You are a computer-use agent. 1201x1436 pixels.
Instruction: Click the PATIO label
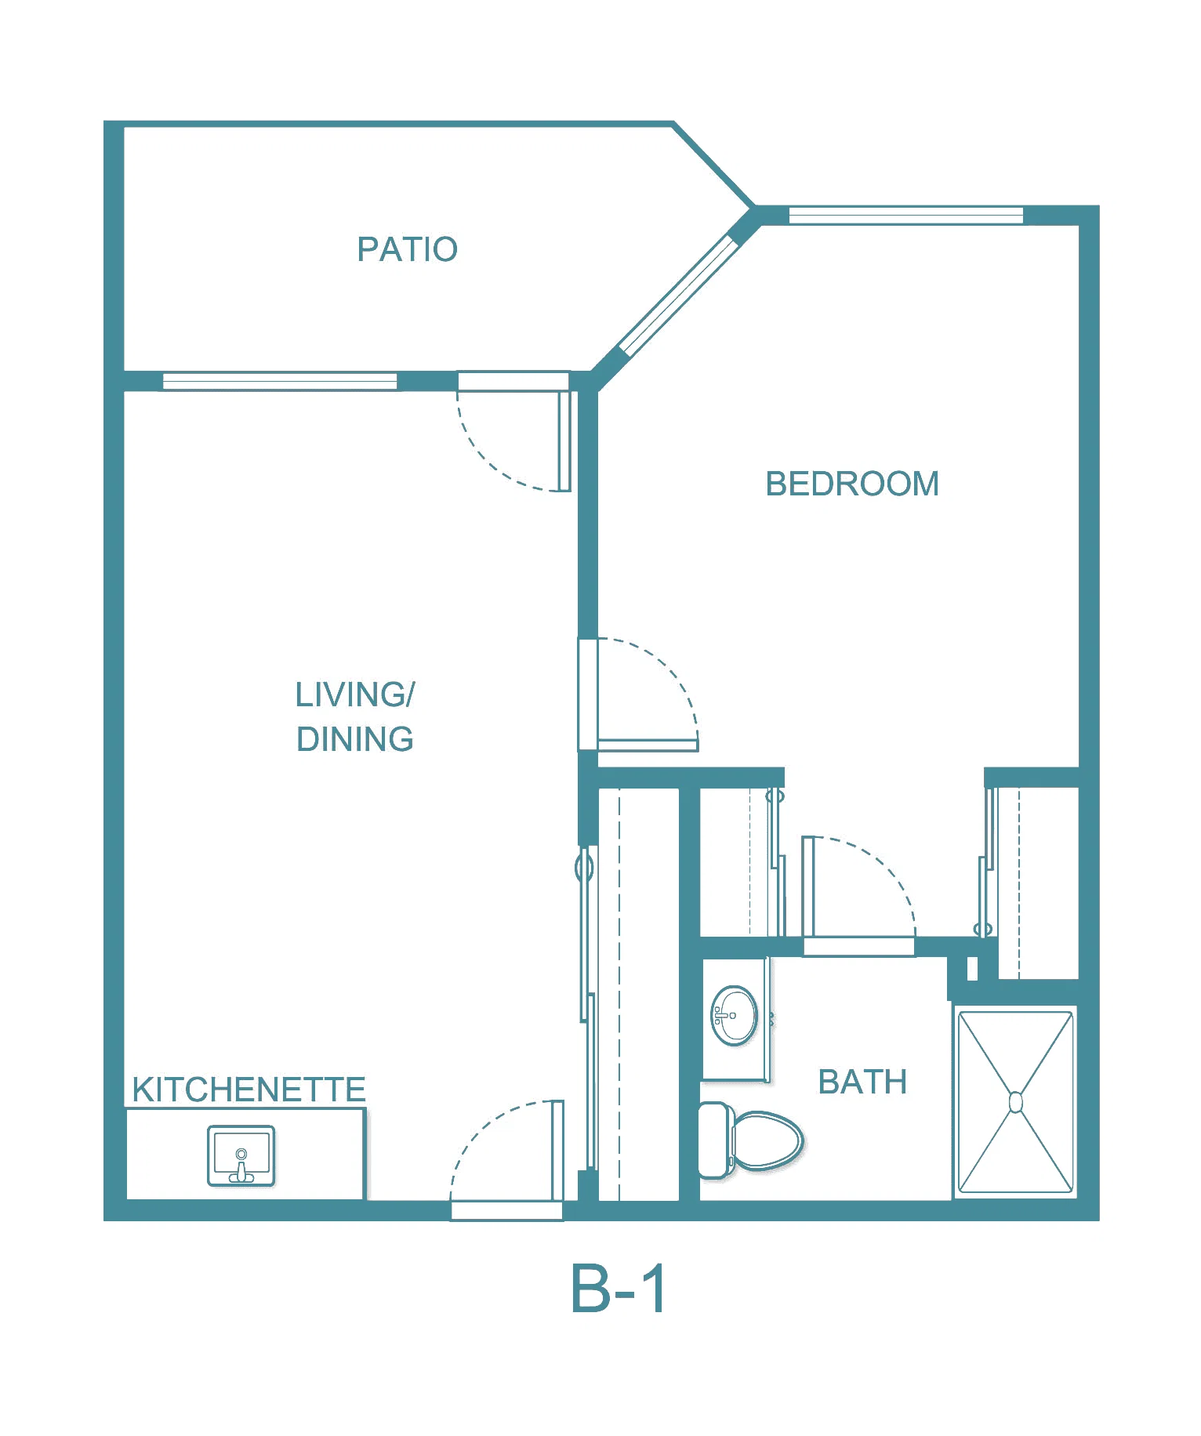[407, 249]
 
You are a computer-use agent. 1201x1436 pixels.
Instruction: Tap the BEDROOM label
[852, 484]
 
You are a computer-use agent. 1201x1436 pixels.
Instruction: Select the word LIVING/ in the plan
[355, 694]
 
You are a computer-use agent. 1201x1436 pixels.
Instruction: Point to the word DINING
[355, 739]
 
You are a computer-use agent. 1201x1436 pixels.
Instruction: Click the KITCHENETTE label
[249, 1090]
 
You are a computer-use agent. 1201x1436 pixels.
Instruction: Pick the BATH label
[862, 1082]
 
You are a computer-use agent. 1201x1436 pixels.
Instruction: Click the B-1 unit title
[619, 1289]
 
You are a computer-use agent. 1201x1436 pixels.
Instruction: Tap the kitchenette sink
[241, 1156]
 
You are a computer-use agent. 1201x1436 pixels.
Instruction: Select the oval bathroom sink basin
[734, 1016]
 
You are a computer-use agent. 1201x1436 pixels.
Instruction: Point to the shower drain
[1016, 1103]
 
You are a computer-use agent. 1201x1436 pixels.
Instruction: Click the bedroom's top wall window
[905, 215]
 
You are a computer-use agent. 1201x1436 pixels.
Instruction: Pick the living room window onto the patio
[280, 382]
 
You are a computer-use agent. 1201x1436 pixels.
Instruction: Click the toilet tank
[713, 1140]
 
